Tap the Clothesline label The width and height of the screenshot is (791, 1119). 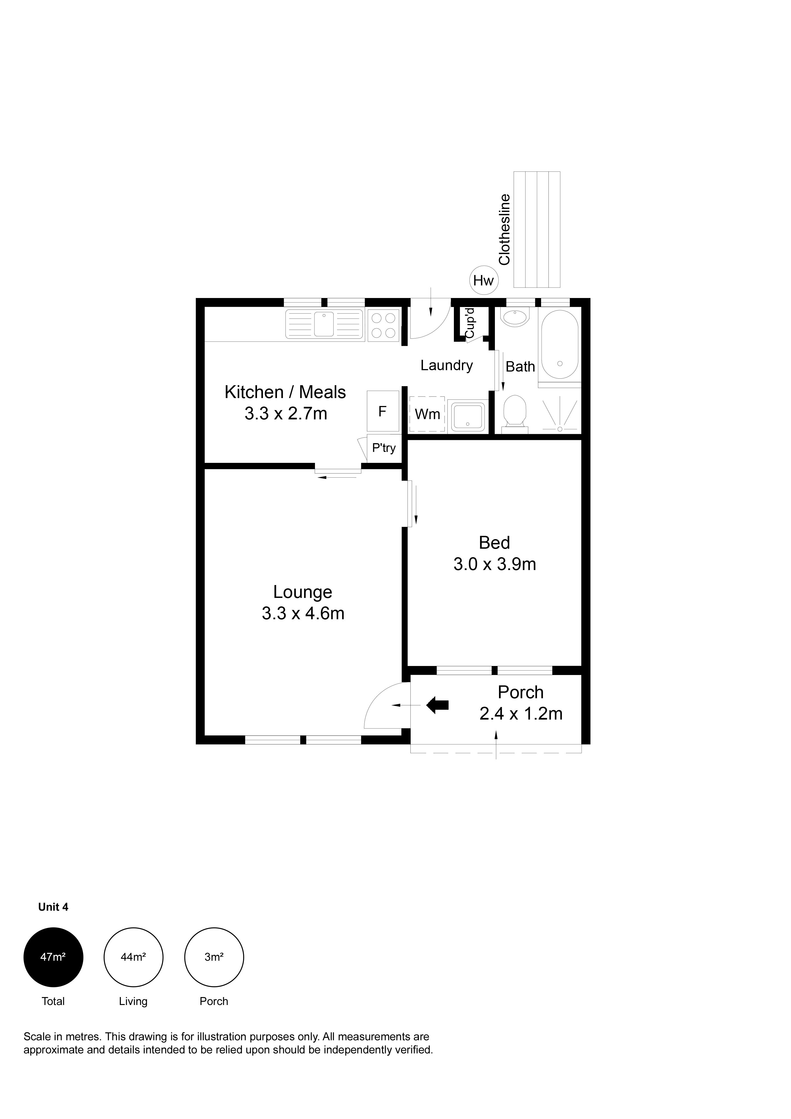504,230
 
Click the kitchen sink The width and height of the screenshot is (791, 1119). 325,325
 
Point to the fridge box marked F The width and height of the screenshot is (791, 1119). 383,411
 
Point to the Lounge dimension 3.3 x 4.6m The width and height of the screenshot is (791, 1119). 303,613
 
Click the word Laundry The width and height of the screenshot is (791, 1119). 447,366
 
